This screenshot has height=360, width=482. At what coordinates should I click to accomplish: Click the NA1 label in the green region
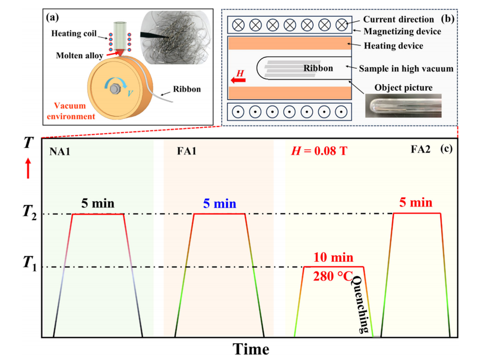tap(60, 151)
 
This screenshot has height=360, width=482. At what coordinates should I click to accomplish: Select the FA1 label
tap(187, 151)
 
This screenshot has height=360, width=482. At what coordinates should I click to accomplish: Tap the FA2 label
tap(421, 149)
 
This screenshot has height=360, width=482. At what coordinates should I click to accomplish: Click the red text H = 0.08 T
tap(319, 151)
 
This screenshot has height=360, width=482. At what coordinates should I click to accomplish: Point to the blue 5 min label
tap(219, 204)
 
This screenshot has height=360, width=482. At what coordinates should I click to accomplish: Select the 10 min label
tap(333, 257)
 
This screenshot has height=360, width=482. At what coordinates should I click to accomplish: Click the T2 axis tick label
tap(29, 212)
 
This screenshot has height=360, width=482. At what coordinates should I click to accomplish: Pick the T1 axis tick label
tap(29, 264)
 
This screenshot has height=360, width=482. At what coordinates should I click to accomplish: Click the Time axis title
tap(251, 349)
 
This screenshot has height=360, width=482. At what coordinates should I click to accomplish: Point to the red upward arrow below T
tap(28, 168)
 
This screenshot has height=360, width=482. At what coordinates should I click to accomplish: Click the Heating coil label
tap(74, 33)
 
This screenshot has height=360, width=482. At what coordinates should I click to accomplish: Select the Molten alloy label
tap(79, 56)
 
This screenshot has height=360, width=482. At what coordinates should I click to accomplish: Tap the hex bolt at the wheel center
tap(115, 89)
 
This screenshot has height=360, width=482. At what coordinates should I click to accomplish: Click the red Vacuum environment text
tap(70, 111)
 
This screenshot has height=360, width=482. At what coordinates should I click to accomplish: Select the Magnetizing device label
tap(402, 31)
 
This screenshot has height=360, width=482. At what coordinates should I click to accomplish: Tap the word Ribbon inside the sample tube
tap(318, 68)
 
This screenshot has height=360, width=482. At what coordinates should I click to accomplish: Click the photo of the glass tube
tap(403, 106)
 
